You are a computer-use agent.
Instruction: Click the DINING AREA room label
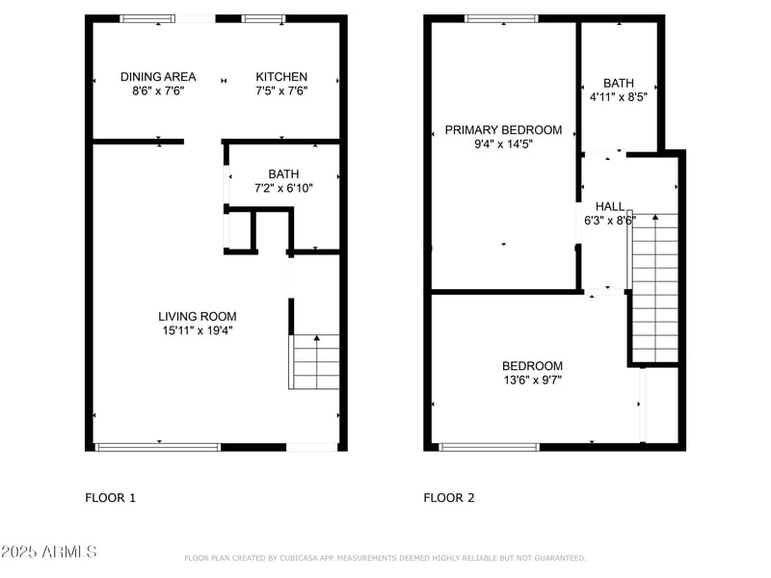coord(158,77)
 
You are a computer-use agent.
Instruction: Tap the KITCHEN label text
coord(281,77)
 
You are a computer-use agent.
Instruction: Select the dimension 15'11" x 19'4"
coord(197,330)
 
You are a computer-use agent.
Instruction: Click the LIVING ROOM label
coord(197,316)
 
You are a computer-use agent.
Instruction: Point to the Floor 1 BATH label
coord(283,173)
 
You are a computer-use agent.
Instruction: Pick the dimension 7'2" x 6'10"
coord(283,188)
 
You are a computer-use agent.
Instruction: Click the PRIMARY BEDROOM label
coord(503,130)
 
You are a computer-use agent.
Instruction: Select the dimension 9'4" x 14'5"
coord(503,144)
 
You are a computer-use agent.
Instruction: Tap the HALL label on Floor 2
coord(609,206)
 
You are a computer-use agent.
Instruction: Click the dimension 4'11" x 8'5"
coord(618,97)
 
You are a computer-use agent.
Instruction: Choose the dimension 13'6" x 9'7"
coord(532,380)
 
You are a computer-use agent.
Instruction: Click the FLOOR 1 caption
coord(111,498)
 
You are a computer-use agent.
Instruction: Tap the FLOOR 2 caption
coord(449,498)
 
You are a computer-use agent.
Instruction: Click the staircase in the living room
coord(315,361)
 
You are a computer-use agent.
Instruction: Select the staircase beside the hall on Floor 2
coord(654,287)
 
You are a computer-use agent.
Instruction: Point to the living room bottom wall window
coord(158,447)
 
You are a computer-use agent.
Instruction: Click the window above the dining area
coord(147,18)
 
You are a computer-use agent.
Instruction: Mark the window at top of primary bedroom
coord(501,18)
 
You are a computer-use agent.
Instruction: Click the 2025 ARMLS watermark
coord(48,552)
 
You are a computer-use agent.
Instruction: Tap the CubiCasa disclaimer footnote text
coord(385,558)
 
